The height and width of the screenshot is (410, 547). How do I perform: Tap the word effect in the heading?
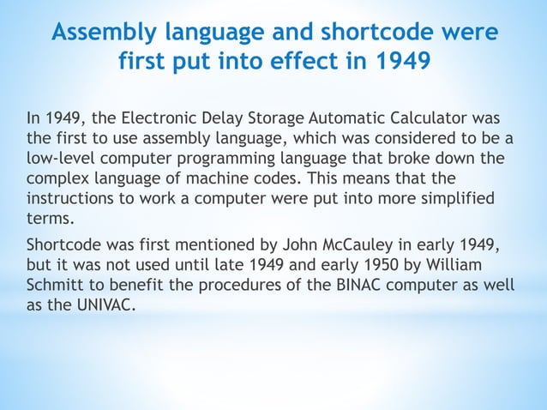303,63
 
